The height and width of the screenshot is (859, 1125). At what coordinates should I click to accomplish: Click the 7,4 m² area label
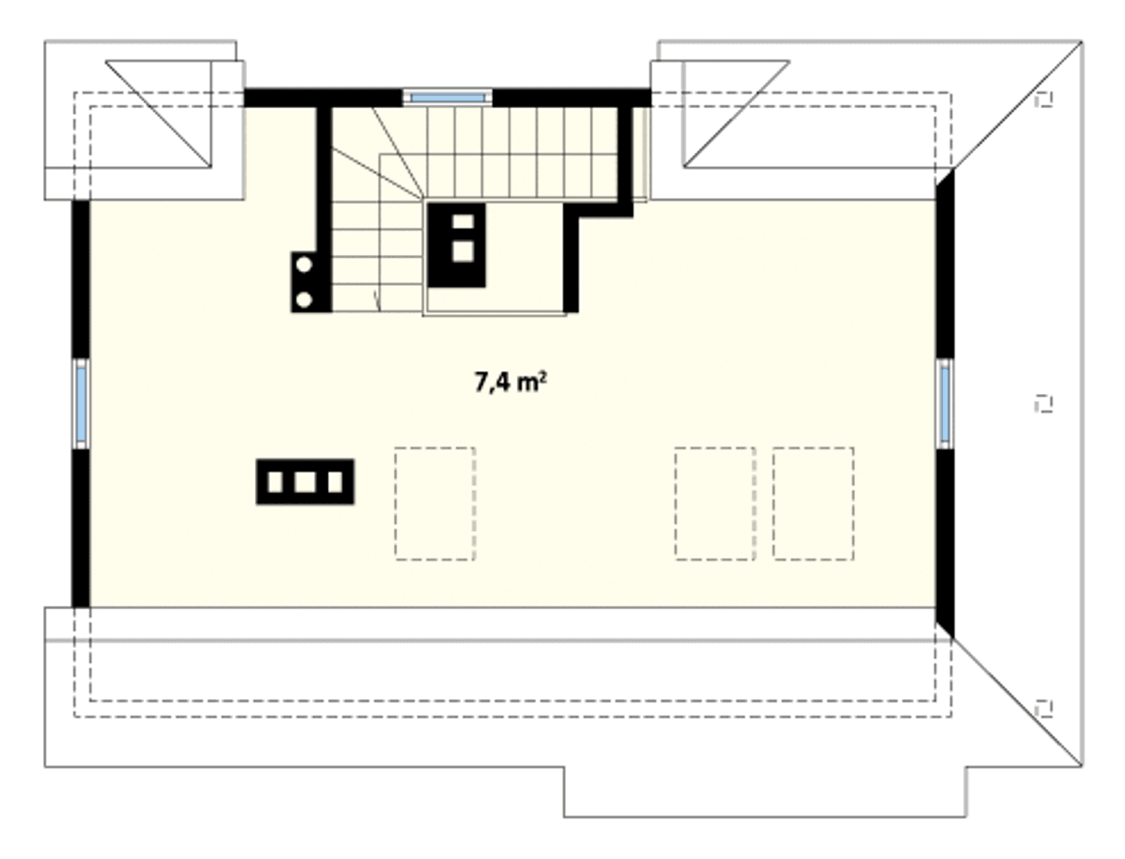(510, 382)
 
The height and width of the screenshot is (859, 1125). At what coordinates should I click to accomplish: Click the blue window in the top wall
(447, 98)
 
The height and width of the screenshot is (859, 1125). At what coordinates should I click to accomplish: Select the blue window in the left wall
(81, 404)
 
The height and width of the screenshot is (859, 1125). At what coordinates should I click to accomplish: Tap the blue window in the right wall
(945, 404)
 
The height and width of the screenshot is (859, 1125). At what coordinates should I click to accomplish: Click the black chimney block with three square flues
(305, 482)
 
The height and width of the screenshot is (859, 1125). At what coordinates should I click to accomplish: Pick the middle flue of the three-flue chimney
(305, 482)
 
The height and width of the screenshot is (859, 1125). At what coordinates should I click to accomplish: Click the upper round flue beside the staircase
(304, 265)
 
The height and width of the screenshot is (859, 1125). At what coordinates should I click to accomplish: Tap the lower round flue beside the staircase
(304, 300)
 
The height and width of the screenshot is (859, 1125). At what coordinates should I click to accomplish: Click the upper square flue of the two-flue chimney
(463, 222)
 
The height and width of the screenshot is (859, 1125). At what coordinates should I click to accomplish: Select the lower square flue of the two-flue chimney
(463, 251)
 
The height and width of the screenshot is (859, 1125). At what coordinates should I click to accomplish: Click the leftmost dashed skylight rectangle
(435, 503)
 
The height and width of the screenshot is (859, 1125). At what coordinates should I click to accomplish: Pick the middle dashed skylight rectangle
(715, 503)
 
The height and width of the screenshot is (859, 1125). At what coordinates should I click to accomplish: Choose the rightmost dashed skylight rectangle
(813, 503)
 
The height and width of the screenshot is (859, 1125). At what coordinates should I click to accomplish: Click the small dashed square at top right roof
(1043, 99)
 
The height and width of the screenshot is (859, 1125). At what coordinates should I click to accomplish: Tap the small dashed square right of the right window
(1043, 404)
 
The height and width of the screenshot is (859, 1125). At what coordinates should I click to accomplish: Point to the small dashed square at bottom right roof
(1043, 709)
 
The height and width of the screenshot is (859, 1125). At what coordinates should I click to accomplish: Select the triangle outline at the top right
(736, 113)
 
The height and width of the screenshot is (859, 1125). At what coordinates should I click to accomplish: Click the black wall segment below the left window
(81, 528)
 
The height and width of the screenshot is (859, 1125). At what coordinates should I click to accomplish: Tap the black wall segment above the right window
(945, 264)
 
